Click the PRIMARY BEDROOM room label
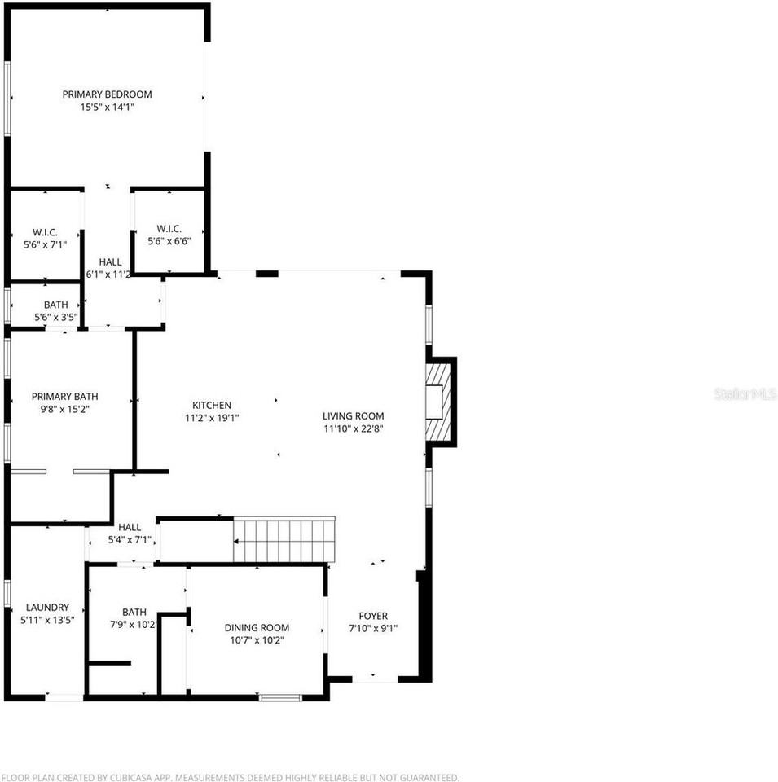(107, 94)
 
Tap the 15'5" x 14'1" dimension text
(107, 107)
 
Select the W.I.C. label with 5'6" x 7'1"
(45, 230)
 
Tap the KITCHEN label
(212, 405)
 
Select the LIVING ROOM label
(353, 416)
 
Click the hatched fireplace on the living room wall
(437, 402)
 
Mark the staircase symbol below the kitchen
(284, 540)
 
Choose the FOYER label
(373, 616)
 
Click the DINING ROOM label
(257, 628)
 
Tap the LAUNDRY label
(47, 608)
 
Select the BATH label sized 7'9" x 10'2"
(134, 613)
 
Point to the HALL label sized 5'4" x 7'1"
(130, 527)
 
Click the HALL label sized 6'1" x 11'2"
(110, 262)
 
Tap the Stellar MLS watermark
(745, 394)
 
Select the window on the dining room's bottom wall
(279, 696)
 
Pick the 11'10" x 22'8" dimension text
(353, 428)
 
